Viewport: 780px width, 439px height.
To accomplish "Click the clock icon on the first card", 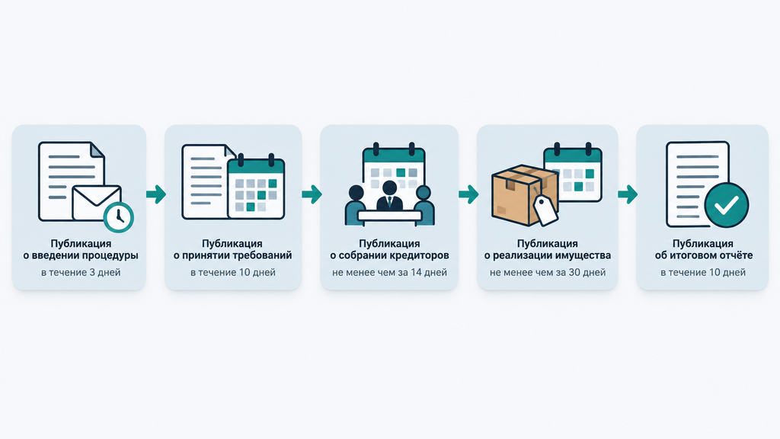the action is [118, 217].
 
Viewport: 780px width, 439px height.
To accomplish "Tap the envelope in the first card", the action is [97, 203].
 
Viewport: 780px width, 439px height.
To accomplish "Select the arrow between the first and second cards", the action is [155, 194].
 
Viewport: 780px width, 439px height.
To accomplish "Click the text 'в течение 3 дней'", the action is [81, 272].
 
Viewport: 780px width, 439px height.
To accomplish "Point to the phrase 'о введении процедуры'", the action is [81, 256].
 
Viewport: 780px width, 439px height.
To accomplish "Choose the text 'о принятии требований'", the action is [232, 256].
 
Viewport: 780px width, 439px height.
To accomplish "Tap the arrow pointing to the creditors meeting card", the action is [312, 194].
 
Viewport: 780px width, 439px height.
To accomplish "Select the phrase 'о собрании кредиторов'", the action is [389, 256].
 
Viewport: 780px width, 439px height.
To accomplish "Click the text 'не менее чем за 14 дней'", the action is [389, 272].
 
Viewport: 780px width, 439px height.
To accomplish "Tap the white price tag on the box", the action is [545, 210].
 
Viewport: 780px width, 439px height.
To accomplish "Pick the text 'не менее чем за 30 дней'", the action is [548, 272].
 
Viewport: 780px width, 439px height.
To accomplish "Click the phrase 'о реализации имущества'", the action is [548, 256].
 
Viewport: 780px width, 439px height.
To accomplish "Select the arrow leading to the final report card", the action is [628, 194].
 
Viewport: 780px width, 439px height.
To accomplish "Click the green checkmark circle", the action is [726, 204].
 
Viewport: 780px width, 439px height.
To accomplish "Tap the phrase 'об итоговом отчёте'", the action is [703, 256].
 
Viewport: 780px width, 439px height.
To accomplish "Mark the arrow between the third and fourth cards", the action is [468, 194].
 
